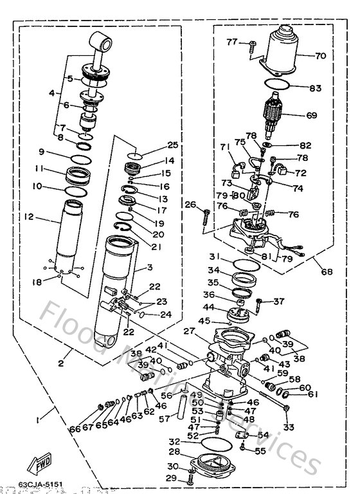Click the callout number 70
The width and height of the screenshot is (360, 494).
(x=321, y=56)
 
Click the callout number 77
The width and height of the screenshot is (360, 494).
(x=232, y=42)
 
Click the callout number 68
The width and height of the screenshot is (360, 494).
(x=327, y=272)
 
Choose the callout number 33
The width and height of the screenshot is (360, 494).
(x=288, y=427)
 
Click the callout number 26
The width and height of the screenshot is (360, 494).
(x=190, y=205)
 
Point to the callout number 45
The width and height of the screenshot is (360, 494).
(x=204, y=320)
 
